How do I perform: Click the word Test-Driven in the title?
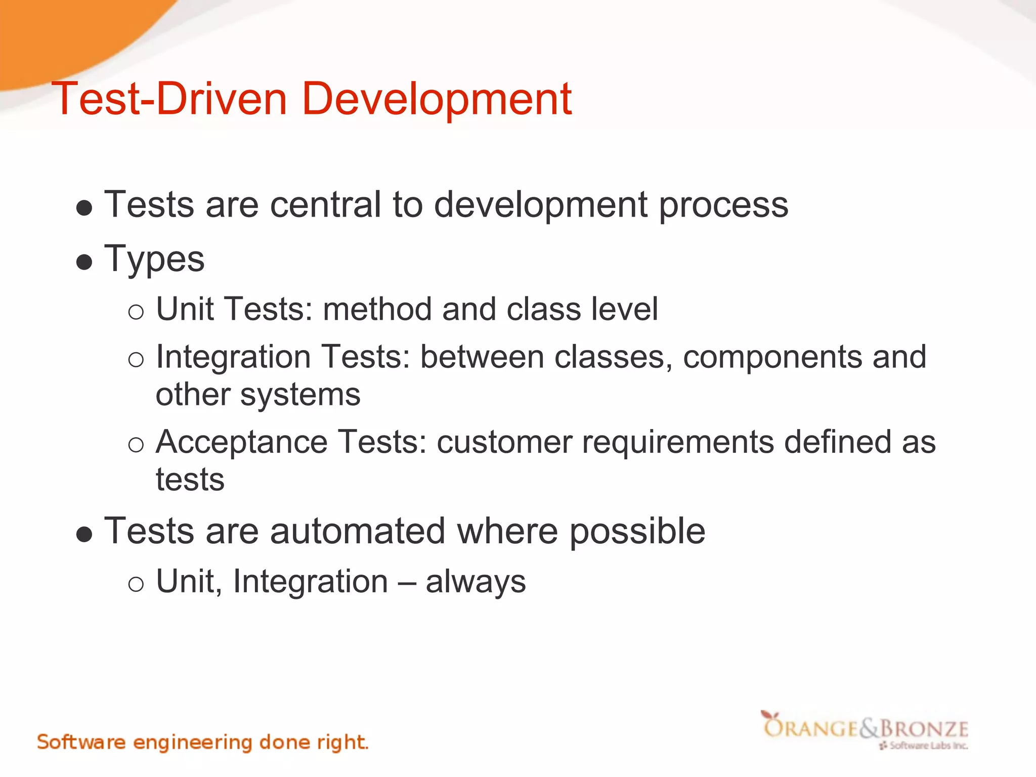(169, 99)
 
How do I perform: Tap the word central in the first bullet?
(325, 205)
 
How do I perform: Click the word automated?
(357, 531)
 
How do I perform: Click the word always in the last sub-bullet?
(476, 582)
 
